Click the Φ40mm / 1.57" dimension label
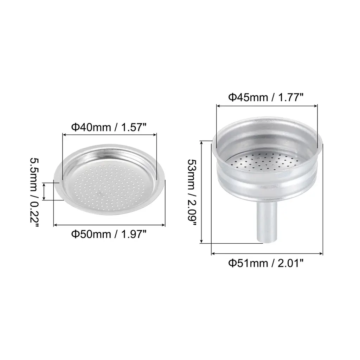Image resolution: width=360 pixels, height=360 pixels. (x=109, y=127)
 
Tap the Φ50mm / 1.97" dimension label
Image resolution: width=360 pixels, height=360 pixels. (x=109, y=234)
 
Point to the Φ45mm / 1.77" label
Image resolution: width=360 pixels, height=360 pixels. (x=266, y=97)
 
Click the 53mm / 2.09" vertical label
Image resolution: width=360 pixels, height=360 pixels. (x=192, y=192)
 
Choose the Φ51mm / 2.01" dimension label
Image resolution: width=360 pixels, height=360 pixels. (x=266, y=263)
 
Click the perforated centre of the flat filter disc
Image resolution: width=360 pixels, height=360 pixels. (x=109, y=186)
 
